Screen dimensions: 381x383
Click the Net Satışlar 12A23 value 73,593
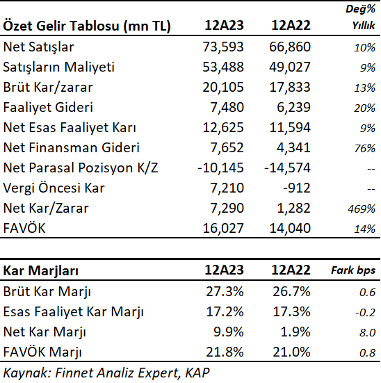(x=223, y=47)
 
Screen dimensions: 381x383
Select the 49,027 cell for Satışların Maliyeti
(x=290, y=67)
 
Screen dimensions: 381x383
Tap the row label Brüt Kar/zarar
(x=48, y=87)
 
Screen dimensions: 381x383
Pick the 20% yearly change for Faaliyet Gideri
(x=364, y=108)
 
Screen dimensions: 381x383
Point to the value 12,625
(x=223, y=127)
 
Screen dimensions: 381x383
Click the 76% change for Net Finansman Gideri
(x=364, y=148)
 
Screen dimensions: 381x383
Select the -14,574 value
(x=287, y=168)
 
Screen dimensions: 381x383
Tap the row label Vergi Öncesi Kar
(x=54, y=188)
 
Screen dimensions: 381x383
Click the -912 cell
(x=297, y=188)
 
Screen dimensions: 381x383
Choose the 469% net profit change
(x=362, y=209)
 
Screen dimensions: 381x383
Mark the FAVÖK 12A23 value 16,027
(x=223, y=228)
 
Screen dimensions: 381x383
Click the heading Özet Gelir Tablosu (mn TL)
(x=87, y=26)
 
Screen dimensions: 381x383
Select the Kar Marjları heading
(x=41, y=271)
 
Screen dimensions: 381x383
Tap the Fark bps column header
(x=353, y=270)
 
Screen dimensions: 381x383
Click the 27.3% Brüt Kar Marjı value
(x=225, y=291)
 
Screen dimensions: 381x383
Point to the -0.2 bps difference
(x=365, y=312)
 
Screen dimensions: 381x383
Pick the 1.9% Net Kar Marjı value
(x=295, y=332)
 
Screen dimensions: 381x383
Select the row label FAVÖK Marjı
(x=42, y=352)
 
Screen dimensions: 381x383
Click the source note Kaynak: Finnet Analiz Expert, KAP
(x=106, y=373)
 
